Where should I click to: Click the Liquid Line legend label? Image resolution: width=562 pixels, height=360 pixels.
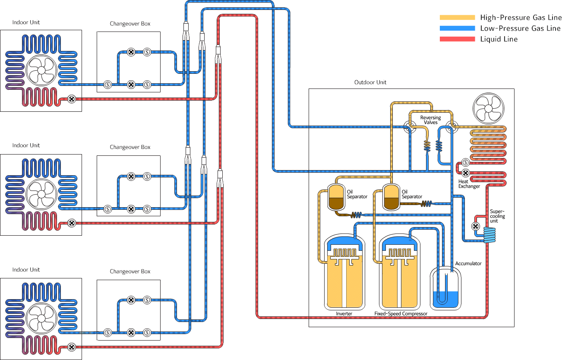499,39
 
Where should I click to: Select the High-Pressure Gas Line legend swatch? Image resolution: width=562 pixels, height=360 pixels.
457,18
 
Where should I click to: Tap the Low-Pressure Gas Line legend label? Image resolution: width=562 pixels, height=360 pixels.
520,28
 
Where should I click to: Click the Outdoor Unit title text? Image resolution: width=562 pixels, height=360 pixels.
370,82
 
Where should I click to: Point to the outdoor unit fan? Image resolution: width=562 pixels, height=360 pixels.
489,108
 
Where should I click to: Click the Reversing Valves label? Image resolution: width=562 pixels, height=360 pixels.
430,120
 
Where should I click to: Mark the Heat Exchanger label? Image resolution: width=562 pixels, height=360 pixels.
469,184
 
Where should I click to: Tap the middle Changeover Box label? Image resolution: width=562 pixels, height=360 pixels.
130,147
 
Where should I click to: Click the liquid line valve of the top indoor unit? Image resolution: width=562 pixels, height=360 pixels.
72,99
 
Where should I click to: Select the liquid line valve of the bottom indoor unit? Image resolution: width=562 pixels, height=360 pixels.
72,347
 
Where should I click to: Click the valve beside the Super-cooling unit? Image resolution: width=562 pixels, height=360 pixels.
475,226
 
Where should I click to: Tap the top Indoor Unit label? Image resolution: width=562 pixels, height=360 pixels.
26,22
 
